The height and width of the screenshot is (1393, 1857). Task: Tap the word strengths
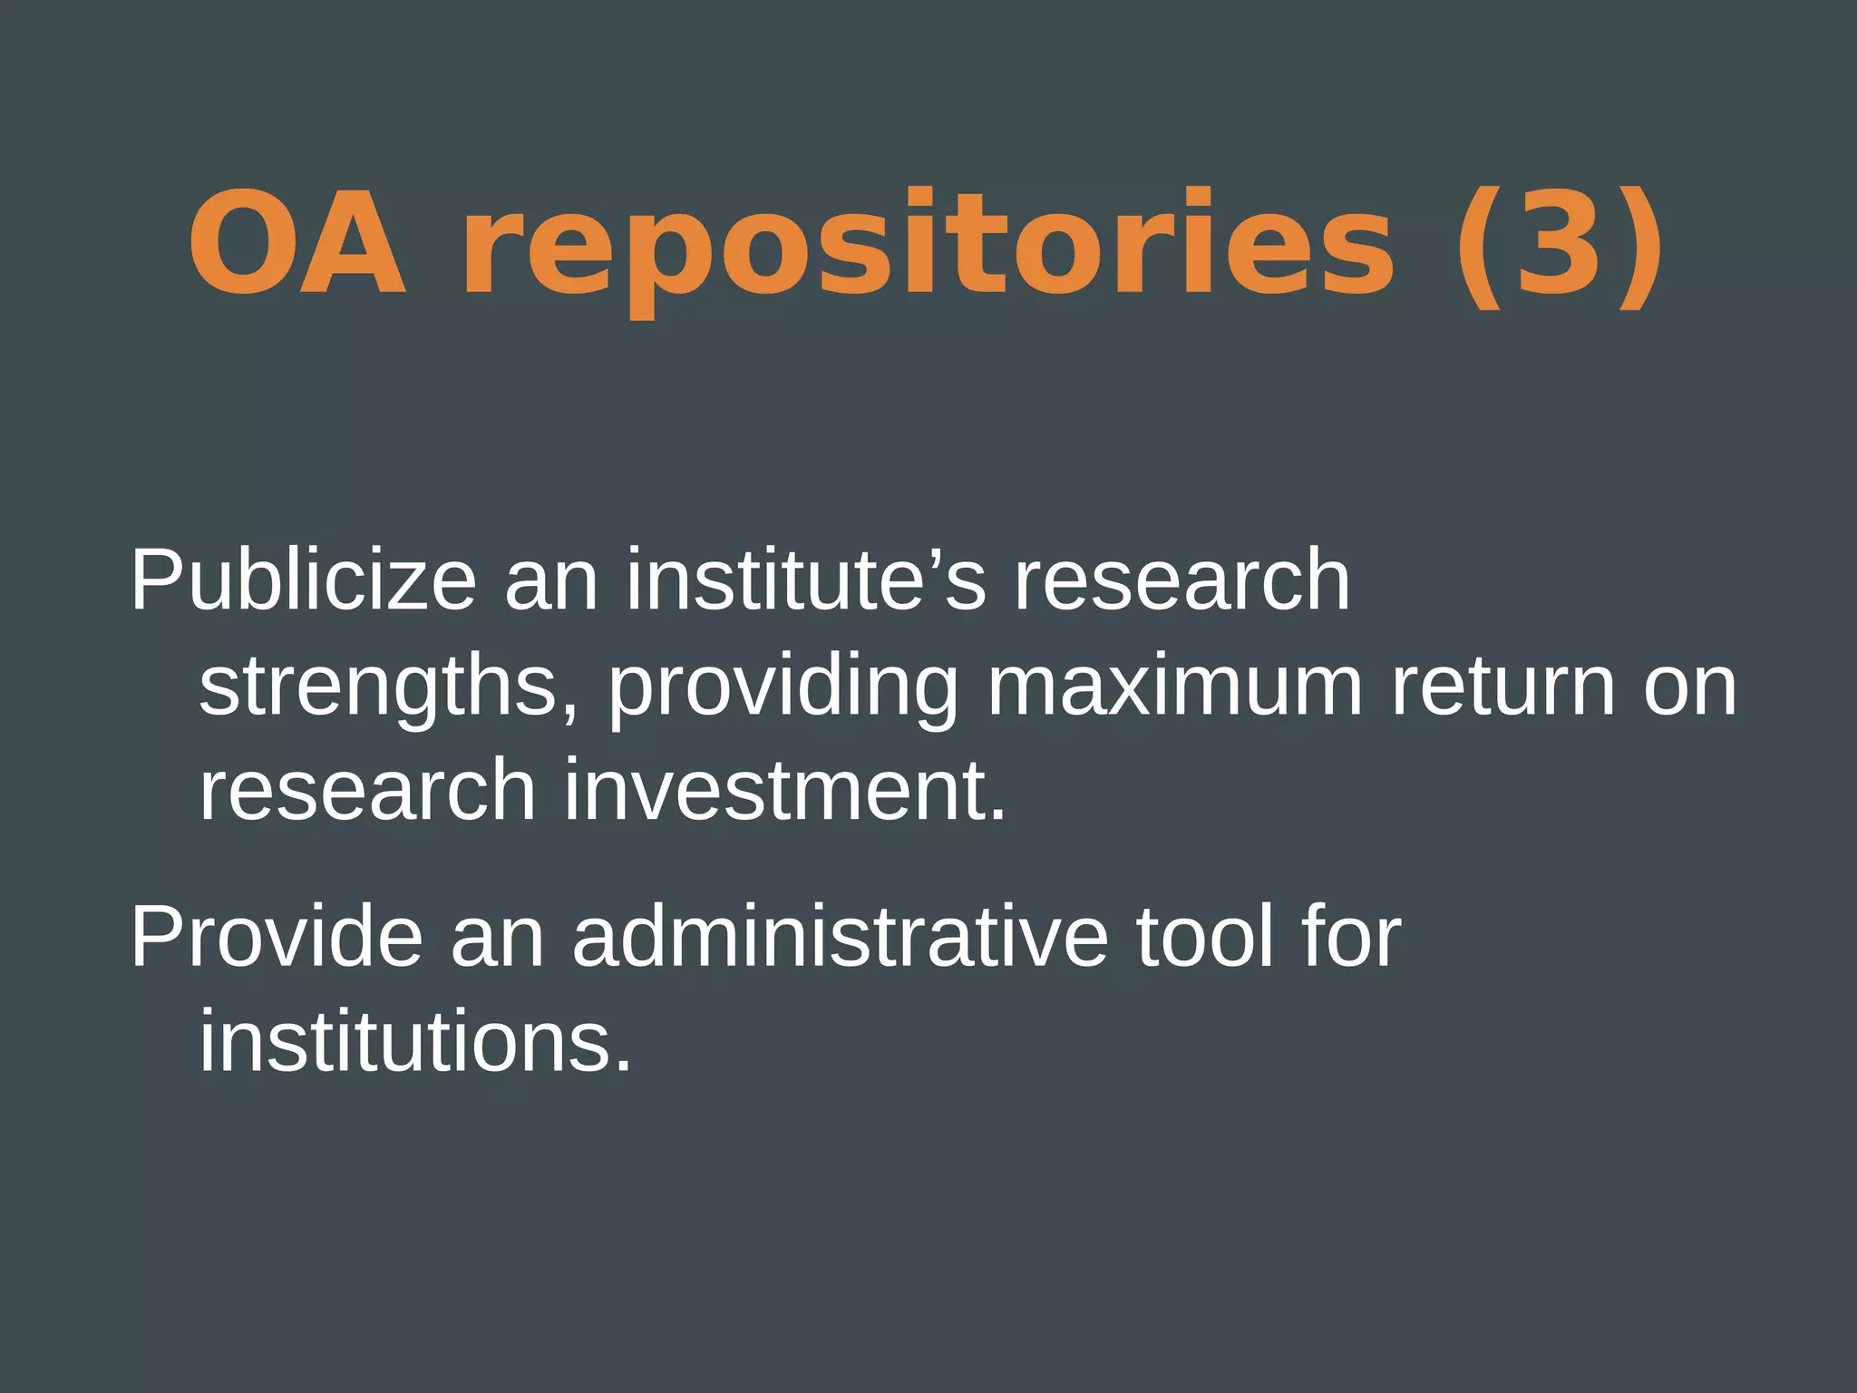coord(388,687)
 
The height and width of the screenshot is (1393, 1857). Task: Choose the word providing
coord(783,687)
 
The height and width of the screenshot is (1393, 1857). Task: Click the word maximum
coord(1174,687)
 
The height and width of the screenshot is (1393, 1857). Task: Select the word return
coord(1503,687)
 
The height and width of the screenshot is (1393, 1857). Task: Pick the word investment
coord(785,791)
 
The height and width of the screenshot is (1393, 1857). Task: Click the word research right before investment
coord(367,791)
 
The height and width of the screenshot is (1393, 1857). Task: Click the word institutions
coord(414,1042)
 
